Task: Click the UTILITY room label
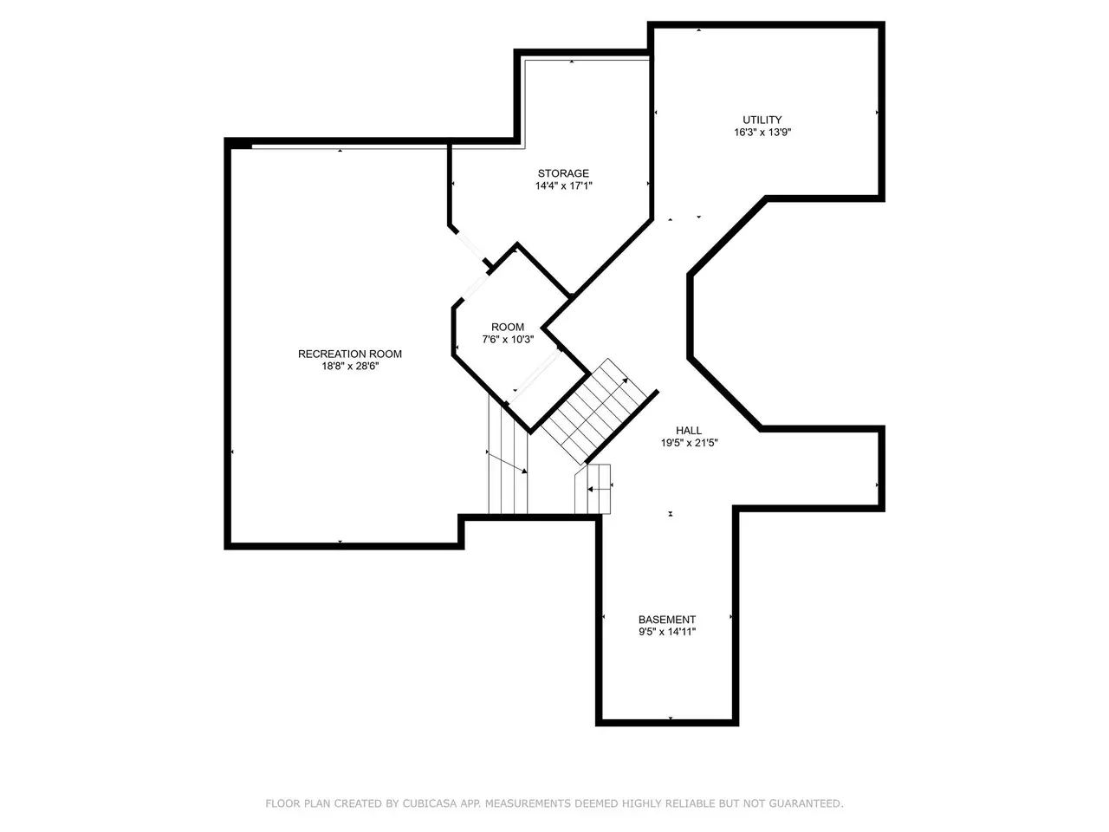click(762, 120)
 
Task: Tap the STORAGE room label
click(563, 173)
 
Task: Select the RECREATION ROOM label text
click(350, 354)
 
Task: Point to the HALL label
click(688, 431)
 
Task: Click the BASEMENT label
click(667, 620)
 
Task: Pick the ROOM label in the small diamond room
click(507, 327)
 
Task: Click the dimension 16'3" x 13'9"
click(762, 133)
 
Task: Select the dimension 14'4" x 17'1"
click(563, 185)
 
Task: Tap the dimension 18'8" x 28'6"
click(350, 367)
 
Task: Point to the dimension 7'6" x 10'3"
click(508, 340)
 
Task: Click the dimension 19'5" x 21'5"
click(689, 443)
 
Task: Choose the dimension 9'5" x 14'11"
click(667, 632)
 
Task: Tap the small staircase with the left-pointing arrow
click(593, 489)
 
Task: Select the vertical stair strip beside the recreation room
click(508, 455)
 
